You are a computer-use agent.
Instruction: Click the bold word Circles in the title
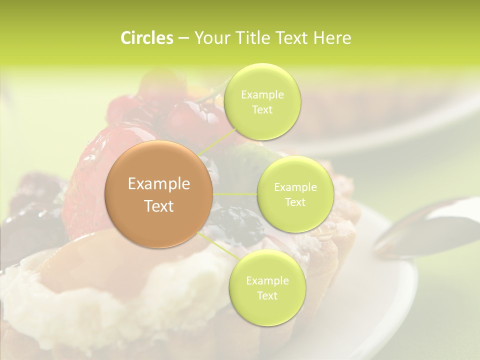pos(146,38)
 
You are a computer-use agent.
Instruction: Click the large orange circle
pos(159,194)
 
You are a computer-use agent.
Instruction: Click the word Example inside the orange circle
pos(159,184)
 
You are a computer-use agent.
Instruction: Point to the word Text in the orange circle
pos(159,206)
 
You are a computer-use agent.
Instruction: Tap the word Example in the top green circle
pos(262,95)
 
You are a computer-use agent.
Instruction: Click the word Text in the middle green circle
pos(295,202)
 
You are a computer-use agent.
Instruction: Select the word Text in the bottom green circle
pos(267,296)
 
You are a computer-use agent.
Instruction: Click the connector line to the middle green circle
pos(234,193)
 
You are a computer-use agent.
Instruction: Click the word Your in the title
pos(209,38)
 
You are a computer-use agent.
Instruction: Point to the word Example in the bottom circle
pos(267,281)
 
